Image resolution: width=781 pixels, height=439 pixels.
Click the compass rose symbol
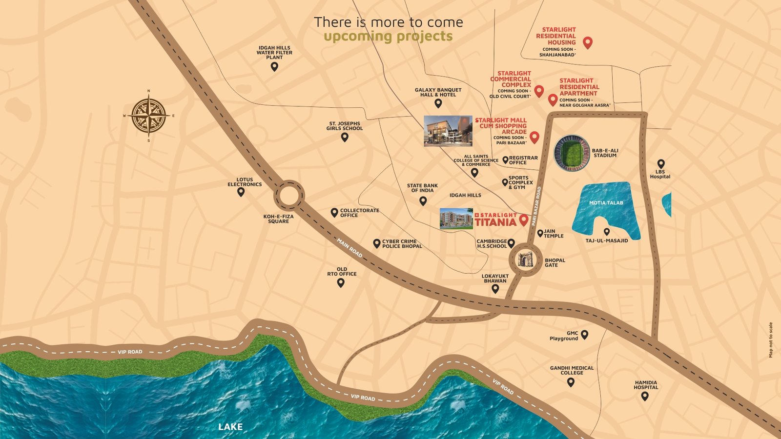click(149, 116)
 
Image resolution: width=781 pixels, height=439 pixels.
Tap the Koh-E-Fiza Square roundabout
click(288, 196)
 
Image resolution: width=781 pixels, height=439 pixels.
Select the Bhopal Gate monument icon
click(526, 260)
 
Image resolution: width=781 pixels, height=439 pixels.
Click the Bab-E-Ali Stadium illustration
click(572, 153)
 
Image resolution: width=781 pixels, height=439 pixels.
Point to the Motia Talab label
click(606, 203)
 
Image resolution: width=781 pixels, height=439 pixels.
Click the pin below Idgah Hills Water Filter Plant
click(274, 67)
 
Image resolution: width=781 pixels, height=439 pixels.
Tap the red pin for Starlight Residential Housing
click(588, 42)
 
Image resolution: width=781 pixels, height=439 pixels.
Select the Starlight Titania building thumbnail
click(456, 219)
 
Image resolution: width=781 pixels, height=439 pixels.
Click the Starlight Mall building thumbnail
click(448, 131)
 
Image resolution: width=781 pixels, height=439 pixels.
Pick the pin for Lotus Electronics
click(241, 192)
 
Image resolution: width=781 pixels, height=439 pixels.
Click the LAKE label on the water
click(230, 427)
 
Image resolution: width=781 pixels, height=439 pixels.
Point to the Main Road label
click(349, 248)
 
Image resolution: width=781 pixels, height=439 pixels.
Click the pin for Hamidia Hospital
click(645, 396)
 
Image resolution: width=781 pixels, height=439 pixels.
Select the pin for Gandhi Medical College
click(571, 382)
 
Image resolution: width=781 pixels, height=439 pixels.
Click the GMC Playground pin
click(584, 335)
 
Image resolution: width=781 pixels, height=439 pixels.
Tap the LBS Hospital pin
click(660, 164)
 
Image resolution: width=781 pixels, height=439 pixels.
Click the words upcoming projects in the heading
click(388, 37)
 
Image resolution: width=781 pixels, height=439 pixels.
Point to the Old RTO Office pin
click(341, 282)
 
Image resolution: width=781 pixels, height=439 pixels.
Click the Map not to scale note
click(771, 340)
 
